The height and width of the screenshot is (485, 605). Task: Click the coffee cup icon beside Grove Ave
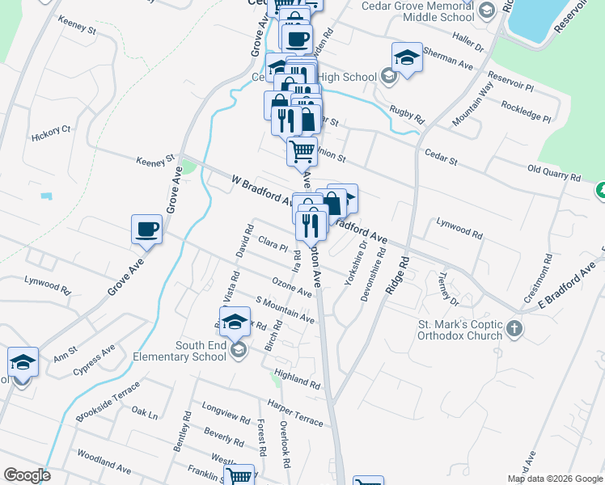(146, 229)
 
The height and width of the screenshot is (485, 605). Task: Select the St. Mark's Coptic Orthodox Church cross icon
(515, 330)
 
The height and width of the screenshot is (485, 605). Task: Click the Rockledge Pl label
(526, 112)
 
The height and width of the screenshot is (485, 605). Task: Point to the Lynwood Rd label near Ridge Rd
(459, 226)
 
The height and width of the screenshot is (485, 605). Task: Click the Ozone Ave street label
(291, 286)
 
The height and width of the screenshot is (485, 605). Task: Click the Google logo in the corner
(27, 475)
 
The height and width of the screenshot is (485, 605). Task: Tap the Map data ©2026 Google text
(556, 479)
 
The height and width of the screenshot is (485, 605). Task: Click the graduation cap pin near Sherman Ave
(407, 58)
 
